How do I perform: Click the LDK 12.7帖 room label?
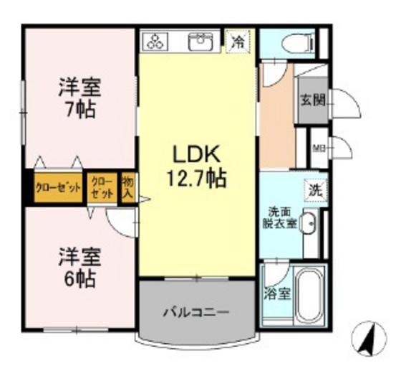(x=196, y=166)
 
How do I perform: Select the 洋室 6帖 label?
(x=79, y=265)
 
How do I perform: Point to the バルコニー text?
(x=195, y=312)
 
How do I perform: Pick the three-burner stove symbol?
(x=155, y=42)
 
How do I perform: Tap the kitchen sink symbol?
(x=203, y=42)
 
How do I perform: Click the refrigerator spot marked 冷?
(x=237, y=42)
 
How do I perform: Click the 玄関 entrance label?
(x=312, y=100)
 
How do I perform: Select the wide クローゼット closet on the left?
(x=58, y=189)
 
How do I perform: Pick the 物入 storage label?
(x=128, y=188)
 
